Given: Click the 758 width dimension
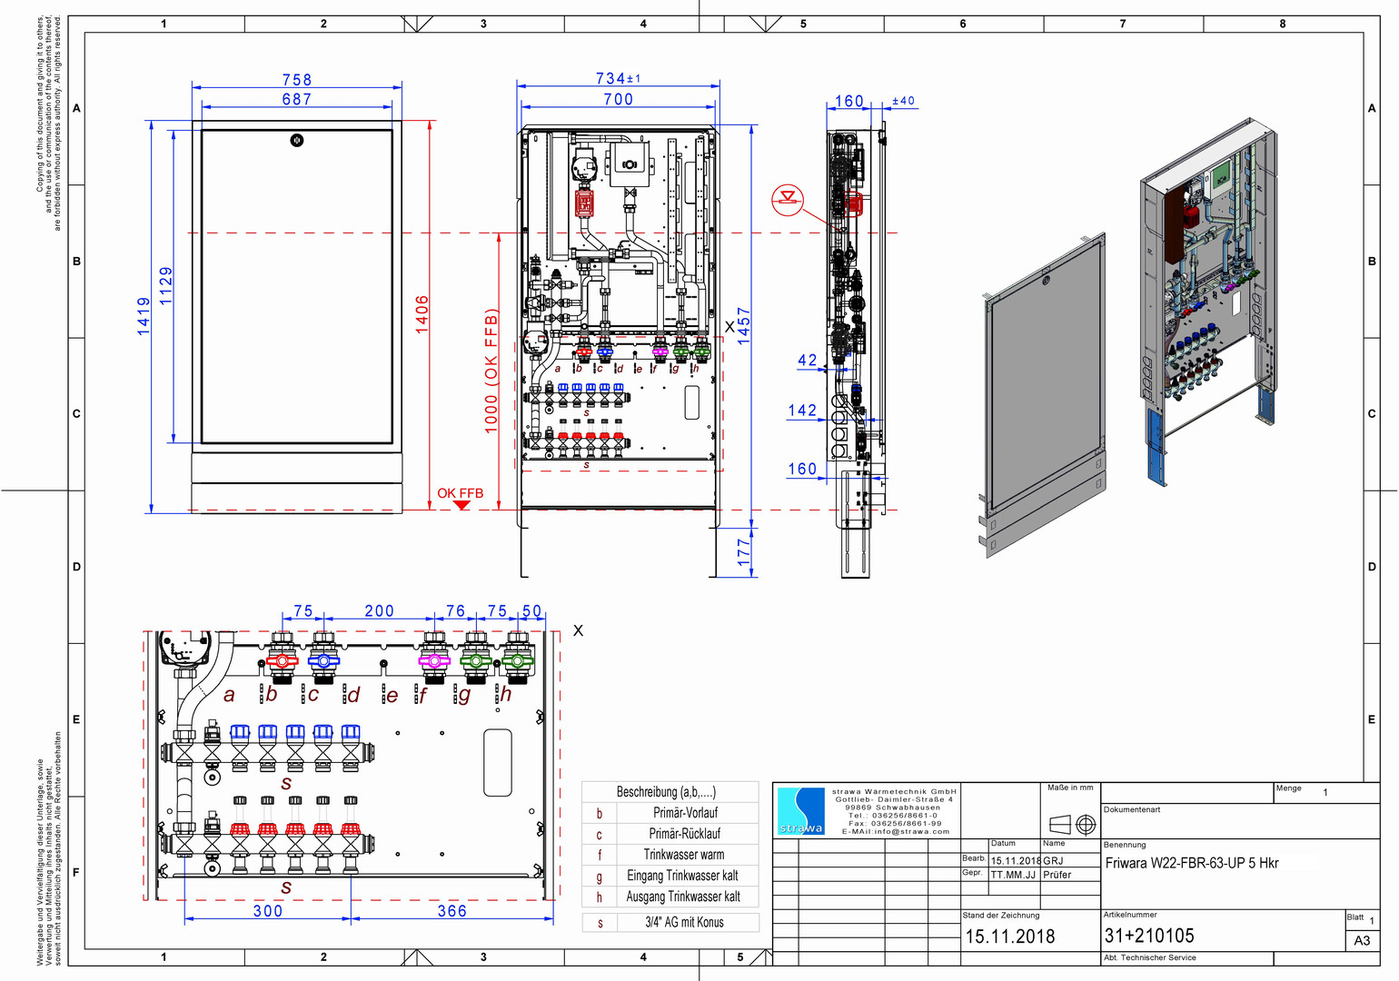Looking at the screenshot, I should [296, 80].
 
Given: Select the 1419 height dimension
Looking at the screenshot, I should [144, 316].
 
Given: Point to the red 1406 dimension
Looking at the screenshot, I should [422, 314].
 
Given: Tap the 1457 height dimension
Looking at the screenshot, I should [744, 325].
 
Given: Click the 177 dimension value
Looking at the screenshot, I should [744, 552].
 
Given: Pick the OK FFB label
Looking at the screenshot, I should [461, 493].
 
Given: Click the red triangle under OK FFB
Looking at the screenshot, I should [461, 505].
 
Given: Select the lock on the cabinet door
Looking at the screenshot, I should [296, 140].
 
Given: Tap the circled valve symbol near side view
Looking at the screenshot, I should [788, 200].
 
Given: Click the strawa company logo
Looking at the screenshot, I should [800, 811].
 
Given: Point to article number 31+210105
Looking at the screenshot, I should [1149, 936].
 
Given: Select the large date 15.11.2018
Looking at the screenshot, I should [1010, 936].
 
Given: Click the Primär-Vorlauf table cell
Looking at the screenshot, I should [685, 813].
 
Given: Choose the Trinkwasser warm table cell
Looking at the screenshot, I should [684, 855].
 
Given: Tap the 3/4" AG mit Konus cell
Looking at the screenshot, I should [684, 922].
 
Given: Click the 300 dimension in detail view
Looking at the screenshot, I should [268, 910].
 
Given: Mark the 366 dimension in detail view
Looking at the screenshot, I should [451, 910].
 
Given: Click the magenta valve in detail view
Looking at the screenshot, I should [433, 660].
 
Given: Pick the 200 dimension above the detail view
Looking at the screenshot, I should [379, 611].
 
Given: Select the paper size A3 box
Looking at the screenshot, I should [1362, 940].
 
